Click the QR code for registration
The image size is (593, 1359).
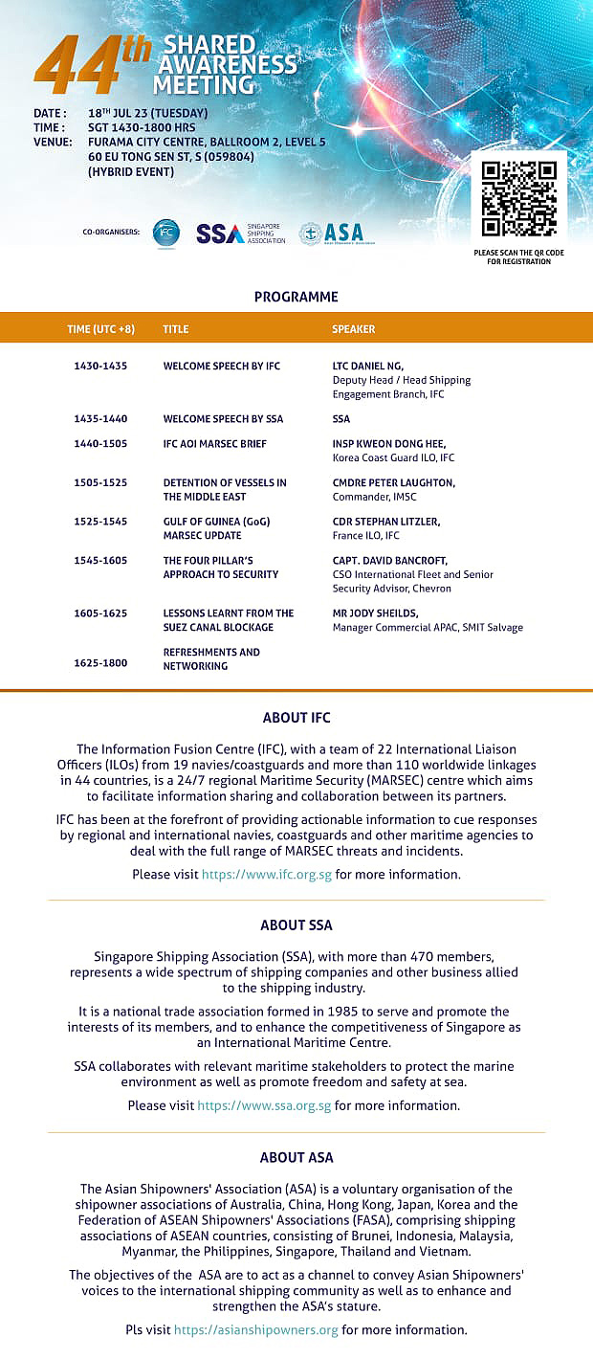[518, 198]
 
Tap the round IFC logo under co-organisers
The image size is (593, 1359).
[166, 233]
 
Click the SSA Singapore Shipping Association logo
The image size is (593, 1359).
[240, 234]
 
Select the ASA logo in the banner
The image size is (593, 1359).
[331, 234]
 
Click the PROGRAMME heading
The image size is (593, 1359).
[296, 297]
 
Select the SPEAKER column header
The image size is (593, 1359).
[353, 329]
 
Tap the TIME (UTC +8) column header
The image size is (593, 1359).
[100, 329]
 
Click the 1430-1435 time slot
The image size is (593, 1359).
[100, 367]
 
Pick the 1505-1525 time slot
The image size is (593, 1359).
[100, 482]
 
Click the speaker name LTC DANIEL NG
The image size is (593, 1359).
[367, 367]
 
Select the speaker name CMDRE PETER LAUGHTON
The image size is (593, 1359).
[393, 482]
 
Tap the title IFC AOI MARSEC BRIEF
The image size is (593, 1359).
[215, 444]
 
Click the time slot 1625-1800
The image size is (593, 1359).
[100, 662]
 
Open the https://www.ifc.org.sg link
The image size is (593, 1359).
[266, 874]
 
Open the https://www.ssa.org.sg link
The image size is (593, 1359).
[264, 1105]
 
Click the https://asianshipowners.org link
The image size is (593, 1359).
[255, 1329]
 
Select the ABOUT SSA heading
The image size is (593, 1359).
[296, 925]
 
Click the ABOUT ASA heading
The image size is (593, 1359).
[296, 1157]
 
